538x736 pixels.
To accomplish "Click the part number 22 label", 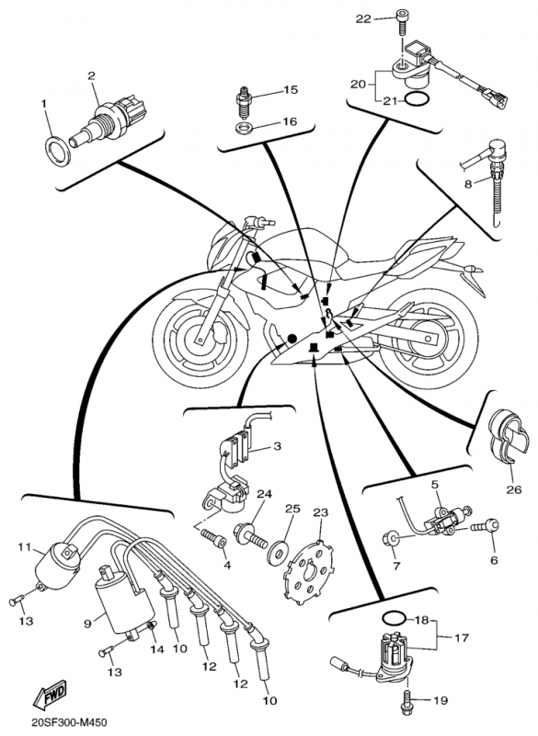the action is pyautogui.click(x=363, y=18).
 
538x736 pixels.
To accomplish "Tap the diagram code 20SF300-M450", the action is pyautogui.click(x=66, y=721).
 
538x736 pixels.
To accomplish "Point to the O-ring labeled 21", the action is pyautogui.click(x=416, y=100).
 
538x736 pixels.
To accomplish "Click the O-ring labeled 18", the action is pyautogui.click(x=393, y=618).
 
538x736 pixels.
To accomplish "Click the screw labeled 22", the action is pyautogui.click(x=402, y=22).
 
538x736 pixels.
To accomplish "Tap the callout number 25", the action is pyautogui.click(x=292, y=510).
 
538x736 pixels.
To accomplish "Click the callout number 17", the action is pyautogui.click(x=461, y=638).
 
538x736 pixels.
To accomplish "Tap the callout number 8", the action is pyautogui.click(x=467, y=184).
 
